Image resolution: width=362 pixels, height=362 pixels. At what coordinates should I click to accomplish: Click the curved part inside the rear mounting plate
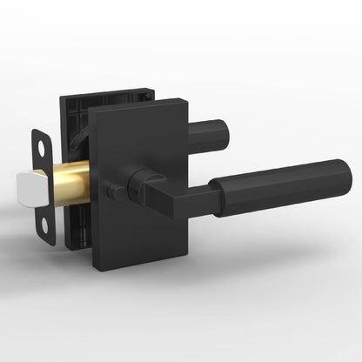(x=81, y=134)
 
